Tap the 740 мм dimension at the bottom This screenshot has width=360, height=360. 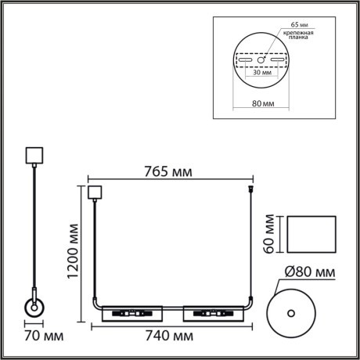[x=169, y=337]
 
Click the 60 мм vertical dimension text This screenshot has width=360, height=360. [x=268, y=233]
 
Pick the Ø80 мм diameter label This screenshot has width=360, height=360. [x=309, y=272]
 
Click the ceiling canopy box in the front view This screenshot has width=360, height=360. [x=95, y=193]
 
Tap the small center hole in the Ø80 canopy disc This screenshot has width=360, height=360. [x=291, y=314]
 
